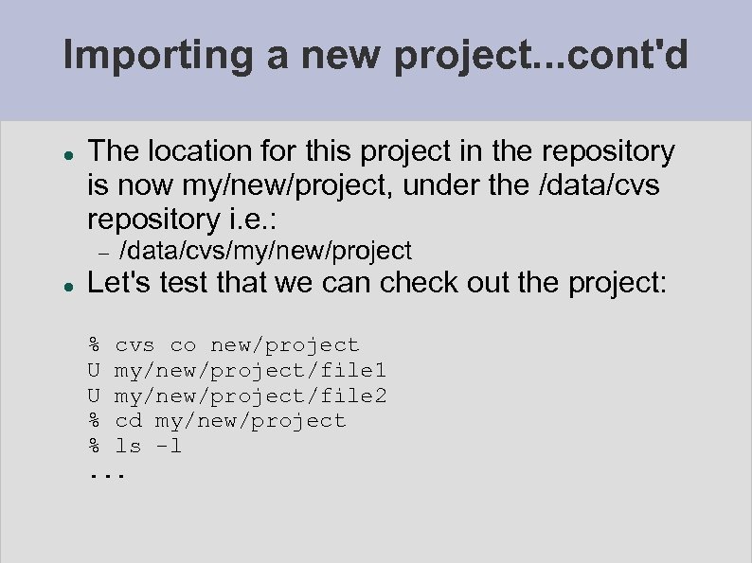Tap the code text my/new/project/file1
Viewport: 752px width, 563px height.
(250, 370)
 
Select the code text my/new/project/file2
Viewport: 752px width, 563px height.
(250, 396)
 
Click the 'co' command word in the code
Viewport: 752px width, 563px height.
(183, 345)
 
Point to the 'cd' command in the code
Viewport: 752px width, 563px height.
(128, 420)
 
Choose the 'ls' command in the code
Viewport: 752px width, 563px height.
(128, 446)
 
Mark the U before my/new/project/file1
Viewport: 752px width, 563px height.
(94, 370)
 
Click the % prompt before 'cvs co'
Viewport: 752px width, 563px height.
(94, 345)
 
